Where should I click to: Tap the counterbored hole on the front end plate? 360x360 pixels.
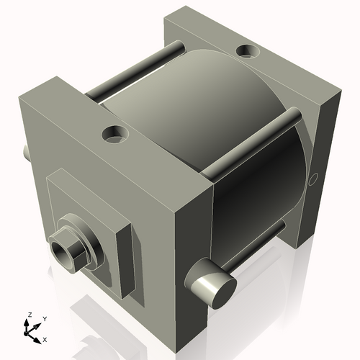click(x=114, y=134)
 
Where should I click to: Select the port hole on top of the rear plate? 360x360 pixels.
click(x=248, y=52)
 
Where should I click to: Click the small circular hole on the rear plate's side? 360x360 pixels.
click(x=312, y=179)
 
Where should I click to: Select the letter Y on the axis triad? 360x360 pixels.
click(x=44, y=318)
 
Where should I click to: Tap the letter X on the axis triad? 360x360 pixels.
click(x=45, y=338)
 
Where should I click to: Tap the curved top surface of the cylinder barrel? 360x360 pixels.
click(x=209, y=101)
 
